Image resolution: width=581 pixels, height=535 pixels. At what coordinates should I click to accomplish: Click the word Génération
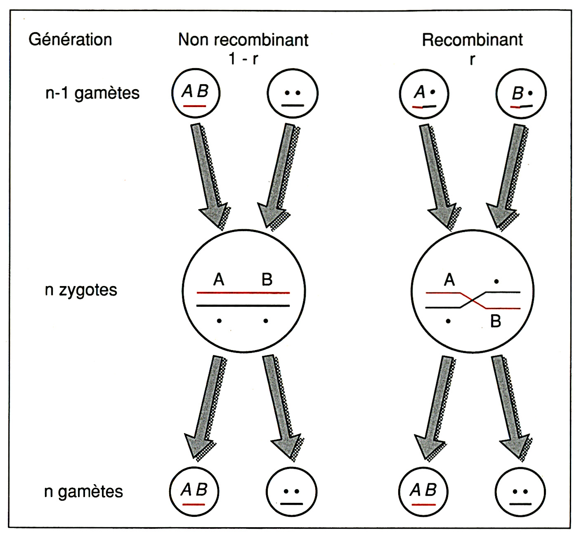70,40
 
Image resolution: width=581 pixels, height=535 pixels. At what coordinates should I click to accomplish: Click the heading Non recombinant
243,40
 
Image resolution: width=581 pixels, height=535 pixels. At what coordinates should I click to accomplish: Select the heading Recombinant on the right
472,40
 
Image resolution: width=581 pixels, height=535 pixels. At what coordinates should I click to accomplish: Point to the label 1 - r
243,59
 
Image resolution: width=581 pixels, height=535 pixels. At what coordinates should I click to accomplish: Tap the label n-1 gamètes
92,93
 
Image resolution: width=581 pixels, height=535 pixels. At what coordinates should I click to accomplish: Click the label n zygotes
81,290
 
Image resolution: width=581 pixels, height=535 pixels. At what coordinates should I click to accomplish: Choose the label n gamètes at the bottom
83,491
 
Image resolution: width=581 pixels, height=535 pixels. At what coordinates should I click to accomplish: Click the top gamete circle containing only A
424,94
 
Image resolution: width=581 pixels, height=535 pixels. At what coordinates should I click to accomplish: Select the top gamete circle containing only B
521,94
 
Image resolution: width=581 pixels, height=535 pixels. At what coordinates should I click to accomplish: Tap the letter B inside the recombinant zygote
496,321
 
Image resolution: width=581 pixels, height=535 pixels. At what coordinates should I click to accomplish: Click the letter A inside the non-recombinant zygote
219,280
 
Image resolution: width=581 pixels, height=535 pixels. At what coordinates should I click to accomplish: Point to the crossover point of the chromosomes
473,300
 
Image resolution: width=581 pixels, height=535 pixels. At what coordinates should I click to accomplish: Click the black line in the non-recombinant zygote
243,306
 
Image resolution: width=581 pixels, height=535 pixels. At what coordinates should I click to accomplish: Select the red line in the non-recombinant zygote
243,293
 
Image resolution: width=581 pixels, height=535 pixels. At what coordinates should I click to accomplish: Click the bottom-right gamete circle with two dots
520,492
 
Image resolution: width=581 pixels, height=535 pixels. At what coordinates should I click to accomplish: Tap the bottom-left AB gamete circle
194,492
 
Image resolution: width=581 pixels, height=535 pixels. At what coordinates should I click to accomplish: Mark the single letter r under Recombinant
472,59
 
